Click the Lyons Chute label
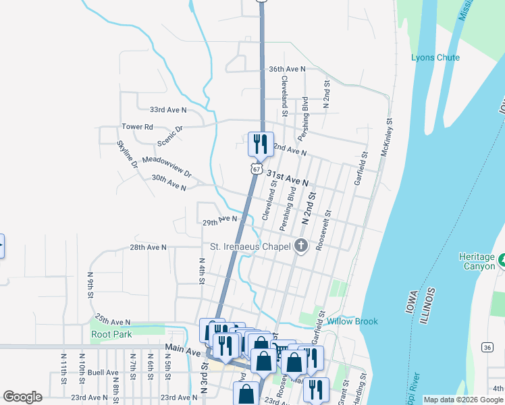435,57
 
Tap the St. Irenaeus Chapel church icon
301,246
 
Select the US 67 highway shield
257,169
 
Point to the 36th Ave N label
287,69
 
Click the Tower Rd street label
137,126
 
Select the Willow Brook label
352,321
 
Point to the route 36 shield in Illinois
487,346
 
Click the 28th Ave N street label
148,248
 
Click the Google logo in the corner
22,397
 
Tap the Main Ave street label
183,352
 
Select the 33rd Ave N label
168,109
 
